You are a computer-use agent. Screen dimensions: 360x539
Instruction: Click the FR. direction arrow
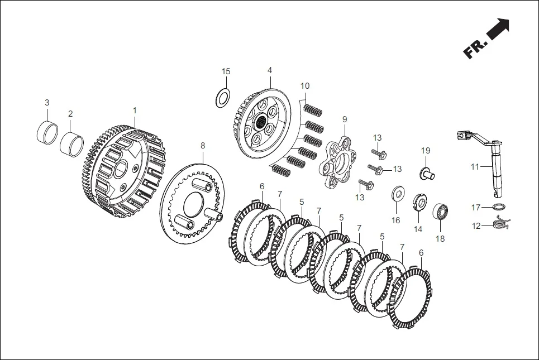(497, 31)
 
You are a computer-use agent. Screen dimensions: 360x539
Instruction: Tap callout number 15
(226, 71)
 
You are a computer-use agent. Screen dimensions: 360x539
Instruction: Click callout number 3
(47, 103)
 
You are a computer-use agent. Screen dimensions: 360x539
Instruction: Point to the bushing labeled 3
(47, 132)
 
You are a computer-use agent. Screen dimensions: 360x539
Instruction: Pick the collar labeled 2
(71, 143)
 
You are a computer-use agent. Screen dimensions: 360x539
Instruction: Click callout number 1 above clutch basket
(135, 111)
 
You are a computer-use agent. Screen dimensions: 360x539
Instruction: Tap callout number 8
(203, 145)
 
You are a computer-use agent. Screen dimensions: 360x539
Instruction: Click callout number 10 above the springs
(304, 86)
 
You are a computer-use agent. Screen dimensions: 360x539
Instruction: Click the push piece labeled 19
(427, 171)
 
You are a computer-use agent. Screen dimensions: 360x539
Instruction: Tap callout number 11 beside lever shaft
(475, 166)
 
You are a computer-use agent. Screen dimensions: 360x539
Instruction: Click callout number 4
(270, 71)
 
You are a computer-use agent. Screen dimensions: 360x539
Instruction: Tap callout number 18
(440, 238)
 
